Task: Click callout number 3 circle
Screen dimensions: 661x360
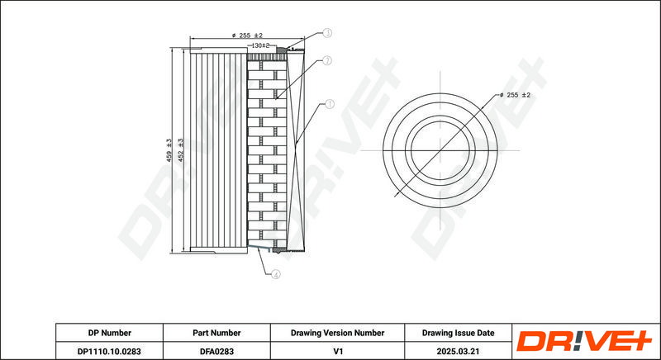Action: [327, 33]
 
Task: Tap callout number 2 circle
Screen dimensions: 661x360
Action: [326, 60]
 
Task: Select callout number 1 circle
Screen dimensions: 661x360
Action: [329, 104]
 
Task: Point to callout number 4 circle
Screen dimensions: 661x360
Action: [275, 274]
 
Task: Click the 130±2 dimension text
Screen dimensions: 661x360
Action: [260, 45]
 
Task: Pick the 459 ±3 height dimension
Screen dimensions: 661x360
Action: [169, 150]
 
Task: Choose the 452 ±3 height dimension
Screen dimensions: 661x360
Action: [181, 150]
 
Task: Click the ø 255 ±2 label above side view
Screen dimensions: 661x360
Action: [247, 36]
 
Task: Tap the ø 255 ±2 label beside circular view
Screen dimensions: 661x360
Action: [515, 95]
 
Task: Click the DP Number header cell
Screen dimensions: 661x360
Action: [110, 333]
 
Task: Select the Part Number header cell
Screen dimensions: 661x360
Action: [216, 333]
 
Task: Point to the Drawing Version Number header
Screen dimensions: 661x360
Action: [337, 333]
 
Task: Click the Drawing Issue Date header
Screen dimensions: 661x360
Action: [459, 333]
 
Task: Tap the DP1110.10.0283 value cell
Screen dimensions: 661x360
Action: [110, 351]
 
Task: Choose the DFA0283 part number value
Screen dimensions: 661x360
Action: [216, 351]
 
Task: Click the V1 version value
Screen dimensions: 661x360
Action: [337, 351]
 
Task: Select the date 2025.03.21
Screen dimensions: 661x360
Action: [459, 351]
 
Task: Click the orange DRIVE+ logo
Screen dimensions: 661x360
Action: [584, 341]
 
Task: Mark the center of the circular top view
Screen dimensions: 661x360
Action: [440, 150]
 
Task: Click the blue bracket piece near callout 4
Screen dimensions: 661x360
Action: [259, 247]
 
